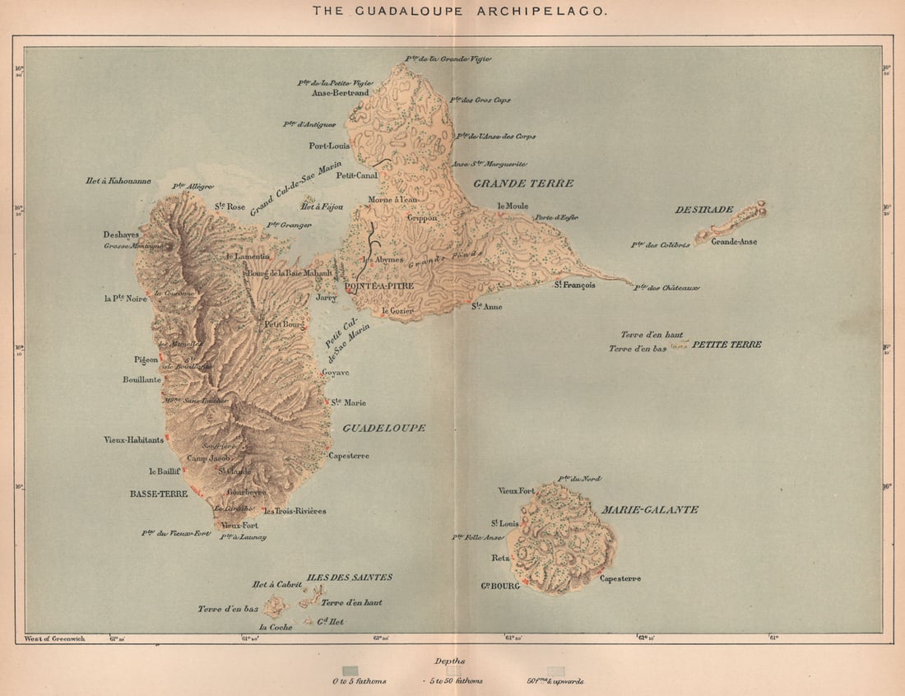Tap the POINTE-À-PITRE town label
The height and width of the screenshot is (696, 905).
pyautogui.click(x=379, y=285)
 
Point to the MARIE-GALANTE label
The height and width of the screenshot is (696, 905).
pyautogui.click(x=650, y=509)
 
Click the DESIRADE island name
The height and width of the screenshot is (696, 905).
pyautogui.click(x=703, y=209)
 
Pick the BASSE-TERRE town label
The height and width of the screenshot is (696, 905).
pyautogui.click(x=159, y=494)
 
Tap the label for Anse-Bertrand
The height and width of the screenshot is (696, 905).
pyautogui.click(x=341, y=93)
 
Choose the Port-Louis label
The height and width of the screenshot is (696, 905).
pyautogui.click(x=329, y=146)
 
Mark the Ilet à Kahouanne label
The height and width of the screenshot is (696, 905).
pyautogui.click(x=118, y=180)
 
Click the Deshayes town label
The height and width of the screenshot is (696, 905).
pyautogui.click(x=121, y=234)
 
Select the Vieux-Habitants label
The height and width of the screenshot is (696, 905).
pyautogui.click(x=133, y=440)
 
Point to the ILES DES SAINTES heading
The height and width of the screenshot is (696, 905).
pyautogui.click(x=349, y=577)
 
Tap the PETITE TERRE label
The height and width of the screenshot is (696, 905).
pyautogui.click(x=726, y=344)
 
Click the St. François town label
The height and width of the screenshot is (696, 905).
pyautogui.click(x=573, y=285)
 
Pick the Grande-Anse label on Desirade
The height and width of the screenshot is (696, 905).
pyautogui.click(x=734, y=242)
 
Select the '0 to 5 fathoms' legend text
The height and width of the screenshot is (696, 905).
pyautogui.click(x=359, y=681)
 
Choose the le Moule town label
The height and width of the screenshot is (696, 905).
pyautogui.click(x=513, y=206)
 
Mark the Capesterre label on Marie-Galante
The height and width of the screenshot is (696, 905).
pyautogui.click(x=620, y=578)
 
